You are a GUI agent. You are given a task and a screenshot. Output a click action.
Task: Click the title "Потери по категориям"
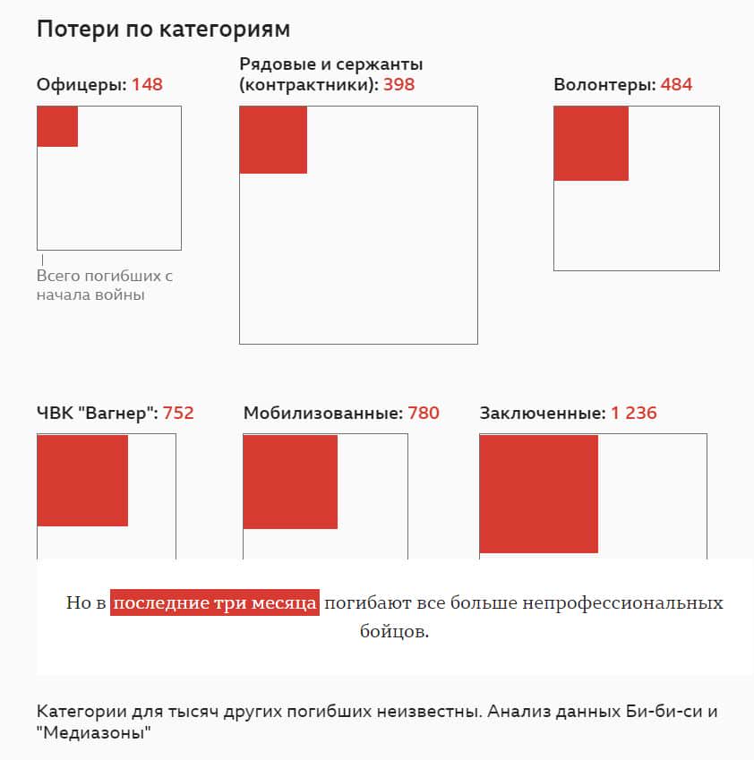point(163,29)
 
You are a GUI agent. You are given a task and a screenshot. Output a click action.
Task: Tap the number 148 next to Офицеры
point(147,85)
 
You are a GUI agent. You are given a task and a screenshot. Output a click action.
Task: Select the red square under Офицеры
point(57,126)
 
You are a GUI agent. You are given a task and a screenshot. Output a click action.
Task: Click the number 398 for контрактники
point(398,85)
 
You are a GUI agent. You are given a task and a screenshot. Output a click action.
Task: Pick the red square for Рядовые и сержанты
point(273,140)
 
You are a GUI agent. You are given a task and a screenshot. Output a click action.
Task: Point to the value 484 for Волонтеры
point(676,85)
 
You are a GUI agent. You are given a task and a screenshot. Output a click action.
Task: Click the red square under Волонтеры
point(591,143)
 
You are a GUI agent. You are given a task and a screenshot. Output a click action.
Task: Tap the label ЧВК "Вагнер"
point(97,414)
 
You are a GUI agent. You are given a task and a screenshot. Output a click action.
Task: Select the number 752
point(178,414)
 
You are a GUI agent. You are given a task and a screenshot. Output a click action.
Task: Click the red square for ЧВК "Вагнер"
point(82,481)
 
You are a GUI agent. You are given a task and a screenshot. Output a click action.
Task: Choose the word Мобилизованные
point(322,414)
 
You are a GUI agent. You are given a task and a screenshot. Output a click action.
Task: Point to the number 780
point(424,414)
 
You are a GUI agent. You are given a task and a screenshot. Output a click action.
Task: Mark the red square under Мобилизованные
point(290,482)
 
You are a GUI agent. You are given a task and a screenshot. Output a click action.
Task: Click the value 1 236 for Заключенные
point(634,414)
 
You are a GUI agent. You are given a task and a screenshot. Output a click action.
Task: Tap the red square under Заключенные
point(538,493)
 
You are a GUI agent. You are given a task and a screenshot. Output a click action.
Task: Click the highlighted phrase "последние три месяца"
point(215,602)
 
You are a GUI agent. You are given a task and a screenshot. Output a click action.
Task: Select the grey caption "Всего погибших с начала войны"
point(104,285)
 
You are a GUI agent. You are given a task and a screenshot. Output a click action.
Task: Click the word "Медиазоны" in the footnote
point(93,733)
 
